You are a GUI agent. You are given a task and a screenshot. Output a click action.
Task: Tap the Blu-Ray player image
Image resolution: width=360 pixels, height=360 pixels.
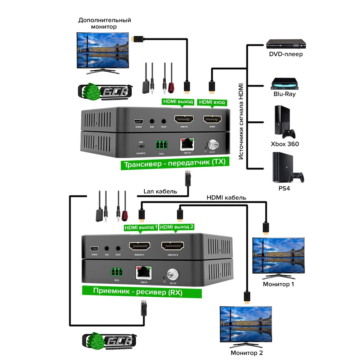pyautogui.click(x=284, y=83)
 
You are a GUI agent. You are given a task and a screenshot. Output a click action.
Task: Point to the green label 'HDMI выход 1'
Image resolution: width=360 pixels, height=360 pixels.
pyautogui.click(x=141, y=227)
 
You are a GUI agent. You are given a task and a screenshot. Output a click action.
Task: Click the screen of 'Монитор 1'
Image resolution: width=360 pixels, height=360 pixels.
pyautogui.click(x=279, y=256)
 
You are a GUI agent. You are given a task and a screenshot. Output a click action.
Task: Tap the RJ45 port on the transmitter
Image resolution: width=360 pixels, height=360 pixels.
pyautogui.click(x=187, y=145)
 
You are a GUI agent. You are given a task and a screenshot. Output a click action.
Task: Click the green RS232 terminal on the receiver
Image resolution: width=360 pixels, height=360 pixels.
pyautogui.click(x=116, y=272)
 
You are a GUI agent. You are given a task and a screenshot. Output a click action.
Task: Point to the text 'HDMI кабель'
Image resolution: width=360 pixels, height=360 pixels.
pyautogui.click(x=226, y=197)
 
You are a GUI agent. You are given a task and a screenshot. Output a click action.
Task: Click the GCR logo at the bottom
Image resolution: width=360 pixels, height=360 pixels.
pyautogui.click(x=109, y=341)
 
